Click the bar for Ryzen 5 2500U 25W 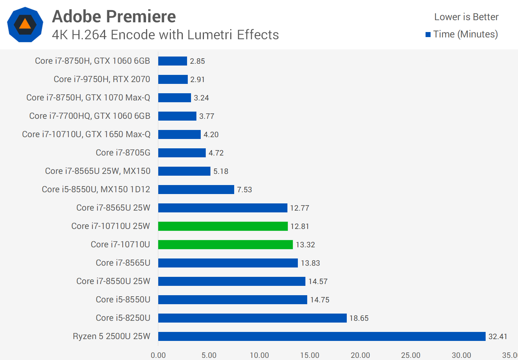click(x=322, y=336)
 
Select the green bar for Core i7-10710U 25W click(x=223, y=226)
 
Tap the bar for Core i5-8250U click(x=252, y=318)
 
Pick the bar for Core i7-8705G click(x=182, y=153)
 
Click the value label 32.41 click(x=497, y=337)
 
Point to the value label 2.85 click(x=197, y=61)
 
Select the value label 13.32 click(x=305, y=245)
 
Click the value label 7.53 click(x=245, y=190)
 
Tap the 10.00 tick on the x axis click(x=259, y=355)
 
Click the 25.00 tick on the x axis click(x=411, y=355)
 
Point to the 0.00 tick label click(x=158, y=355)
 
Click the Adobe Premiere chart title click(x=114, y=17)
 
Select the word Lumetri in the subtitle click(x=209, y=35)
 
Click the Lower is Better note click(x=466, y=17)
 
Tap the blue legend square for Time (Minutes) click(x=428, y=35)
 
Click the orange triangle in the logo click(x=25, y=24)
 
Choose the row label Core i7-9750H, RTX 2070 click(x=102, y=79)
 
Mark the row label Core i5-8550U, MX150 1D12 click(x=96, y=189)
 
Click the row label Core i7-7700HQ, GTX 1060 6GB click(x=90, y=116)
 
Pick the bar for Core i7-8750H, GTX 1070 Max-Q click(x=174, y=98)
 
